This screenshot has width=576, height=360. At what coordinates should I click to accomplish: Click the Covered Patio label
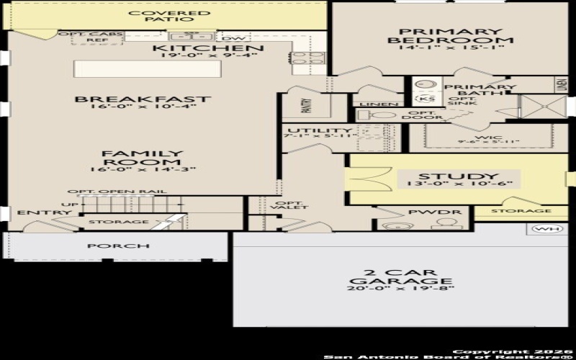(x=170, y=17)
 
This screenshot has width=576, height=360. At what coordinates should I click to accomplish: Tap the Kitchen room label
(x=210, y=48)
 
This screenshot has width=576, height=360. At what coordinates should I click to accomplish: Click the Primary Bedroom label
(x=451, y=36)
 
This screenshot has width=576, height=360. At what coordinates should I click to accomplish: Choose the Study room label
(x=448, y=176)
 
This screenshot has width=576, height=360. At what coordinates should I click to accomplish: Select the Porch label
(x=118, y=246)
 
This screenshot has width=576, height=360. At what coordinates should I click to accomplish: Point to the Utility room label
(x=309, y=130)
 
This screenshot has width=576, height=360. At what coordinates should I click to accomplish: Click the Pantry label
(x=306, y=107)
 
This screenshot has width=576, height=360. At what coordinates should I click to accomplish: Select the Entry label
(x=35, y=212)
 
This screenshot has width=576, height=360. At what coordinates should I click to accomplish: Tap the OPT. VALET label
(x=292, y=204)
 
